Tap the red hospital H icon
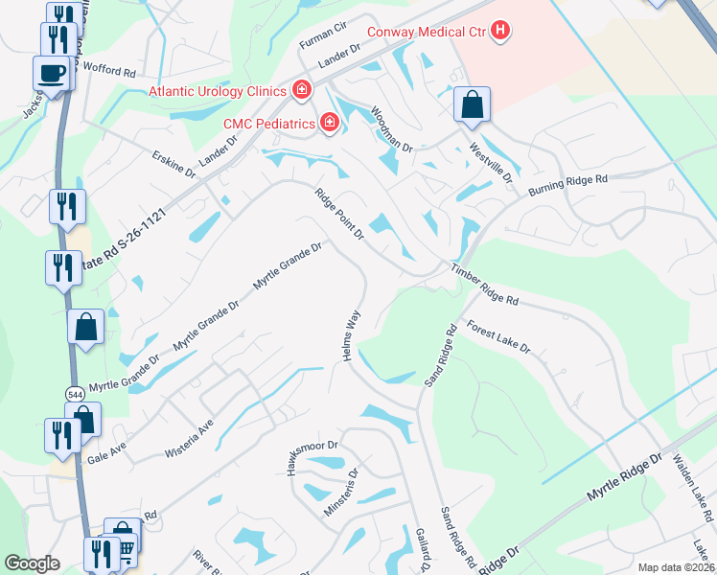click(498, 31)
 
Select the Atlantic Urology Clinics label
click(218, 91)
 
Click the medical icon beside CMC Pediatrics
click(330, 123)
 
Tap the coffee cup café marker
click(51, 72)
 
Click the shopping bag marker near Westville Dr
click(472, 103)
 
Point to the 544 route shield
click(75, 394)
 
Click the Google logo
click(32, 563)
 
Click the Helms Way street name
click(351, 335)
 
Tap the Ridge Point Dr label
click(340, 214)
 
